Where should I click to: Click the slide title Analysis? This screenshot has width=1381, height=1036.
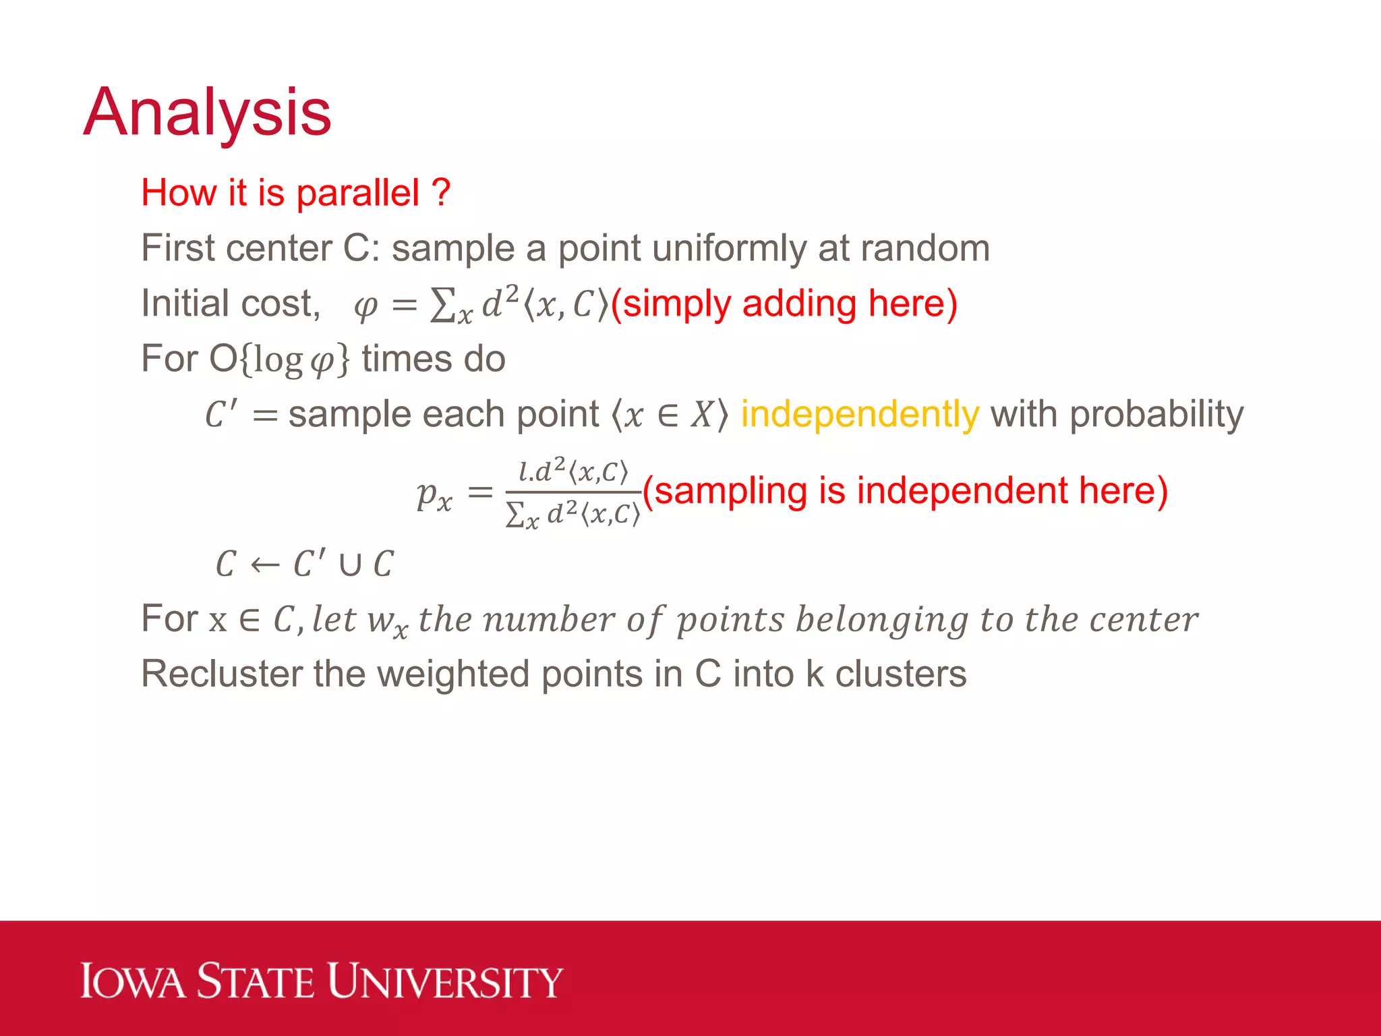point(207,113)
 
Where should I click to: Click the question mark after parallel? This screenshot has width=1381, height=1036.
point(440,194)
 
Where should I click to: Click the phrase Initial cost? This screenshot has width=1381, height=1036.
point(230,304)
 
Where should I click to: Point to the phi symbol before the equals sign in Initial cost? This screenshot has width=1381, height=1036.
point(365,307)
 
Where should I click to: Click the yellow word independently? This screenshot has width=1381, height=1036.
point(860,414)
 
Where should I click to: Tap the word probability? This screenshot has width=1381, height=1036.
point(1156,414)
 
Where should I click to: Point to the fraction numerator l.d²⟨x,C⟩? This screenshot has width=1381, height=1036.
point(573,470)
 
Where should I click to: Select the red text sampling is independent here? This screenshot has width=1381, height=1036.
point(905,490)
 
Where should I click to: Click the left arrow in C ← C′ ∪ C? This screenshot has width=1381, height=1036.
point(265,565)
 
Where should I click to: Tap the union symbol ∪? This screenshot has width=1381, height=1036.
point(350,565)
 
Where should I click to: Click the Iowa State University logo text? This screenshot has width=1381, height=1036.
point(322,981)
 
